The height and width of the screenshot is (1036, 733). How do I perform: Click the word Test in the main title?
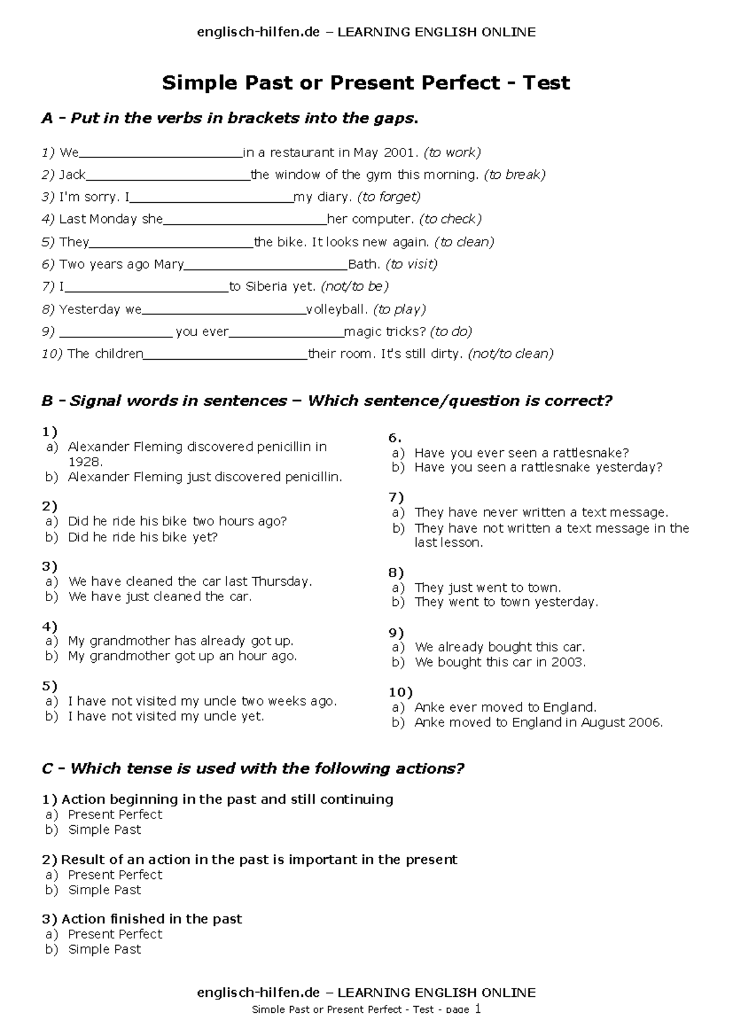[545, 82]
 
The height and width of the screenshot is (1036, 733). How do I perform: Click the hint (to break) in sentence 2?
[514, 175]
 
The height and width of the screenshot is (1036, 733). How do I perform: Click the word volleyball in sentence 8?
[335, 309]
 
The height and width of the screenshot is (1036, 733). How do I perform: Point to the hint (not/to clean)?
[511, 354]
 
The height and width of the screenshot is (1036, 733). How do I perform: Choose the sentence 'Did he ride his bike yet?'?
[142, 537]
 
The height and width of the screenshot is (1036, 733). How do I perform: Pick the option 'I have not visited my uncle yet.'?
[166, 716]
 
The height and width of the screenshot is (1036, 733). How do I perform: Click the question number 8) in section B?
[396, 572]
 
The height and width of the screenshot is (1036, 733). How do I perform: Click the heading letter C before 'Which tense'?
[47, 768]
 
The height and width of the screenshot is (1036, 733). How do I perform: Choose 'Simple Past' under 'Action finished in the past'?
[104, 949]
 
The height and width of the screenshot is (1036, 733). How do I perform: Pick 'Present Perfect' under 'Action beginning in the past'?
[115, 814]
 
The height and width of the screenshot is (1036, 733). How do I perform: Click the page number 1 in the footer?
[478, 1009]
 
